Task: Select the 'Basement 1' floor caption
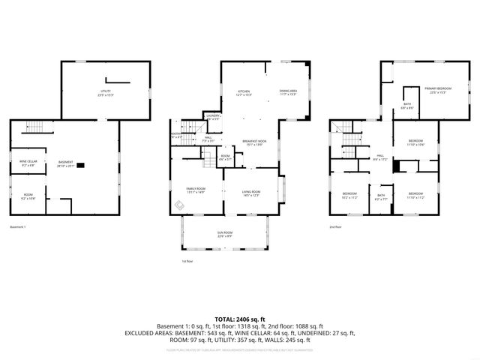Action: pos(18,227)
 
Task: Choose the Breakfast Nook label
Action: pos(254,142)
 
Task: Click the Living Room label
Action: pos(250,193)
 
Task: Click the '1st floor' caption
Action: pos(187,261)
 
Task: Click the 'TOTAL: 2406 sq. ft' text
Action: pos(239,319)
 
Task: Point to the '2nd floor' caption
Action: pos(335,227)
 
